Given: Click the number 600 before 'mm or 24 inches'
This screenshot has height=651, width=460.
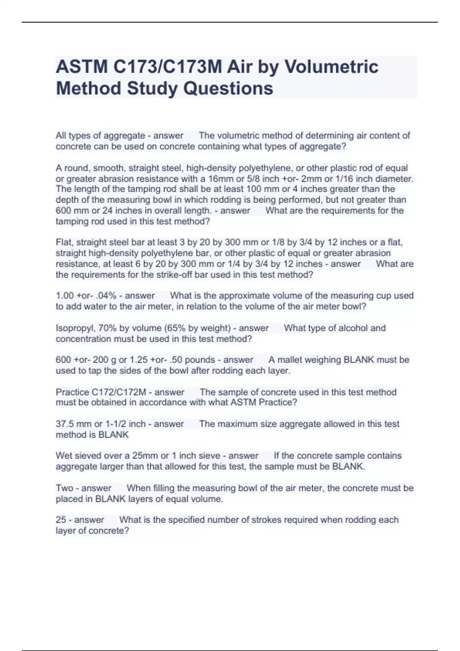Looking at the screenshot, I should pos(63,211).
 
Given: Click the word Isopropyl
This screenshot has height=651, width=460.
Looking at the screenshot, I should pos(74,328).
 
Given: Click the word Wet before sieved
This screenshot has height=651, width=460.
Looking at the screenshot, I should pos(64,456).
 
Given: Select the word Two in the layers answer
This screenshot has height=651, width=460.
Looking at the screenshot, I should pos(64,488).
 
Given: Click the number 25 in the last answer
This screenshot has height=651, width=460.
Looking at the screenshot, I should pos(61,520).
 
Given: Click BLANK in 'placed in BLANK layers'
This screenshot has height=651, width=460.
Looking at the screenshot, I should pos(110,499).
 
